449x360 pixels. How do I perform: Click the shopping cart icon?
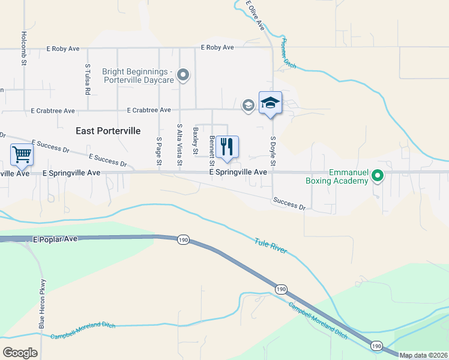point(22,154)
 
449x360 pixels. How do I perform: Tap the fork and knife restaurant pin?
point(227,147)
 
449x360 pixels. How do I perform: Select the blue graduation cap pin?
point(270,103)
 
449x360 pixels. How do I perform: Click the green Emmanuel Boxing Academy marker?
point(378,176)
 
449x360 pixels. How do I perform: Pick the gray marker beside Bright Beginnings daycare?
point(184,76)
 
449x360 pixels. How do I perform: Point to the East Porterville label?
point(108,130)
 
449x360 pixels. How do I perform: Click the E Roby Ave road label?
point(217,47)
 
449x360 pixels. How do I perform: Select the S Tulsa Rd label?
point(87,80)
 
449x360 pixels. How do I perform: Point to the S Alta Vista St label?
point(179,145)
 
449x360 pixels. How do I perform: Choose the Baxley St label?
point(195,141)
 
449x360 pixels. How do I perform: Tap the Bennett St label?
point(212,151)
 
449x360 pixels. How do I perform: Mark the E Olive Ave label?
point(256,16)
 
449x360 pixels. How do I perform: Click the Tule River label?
point(271,247)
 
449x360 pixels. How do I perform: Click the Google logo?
point(20,353)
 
